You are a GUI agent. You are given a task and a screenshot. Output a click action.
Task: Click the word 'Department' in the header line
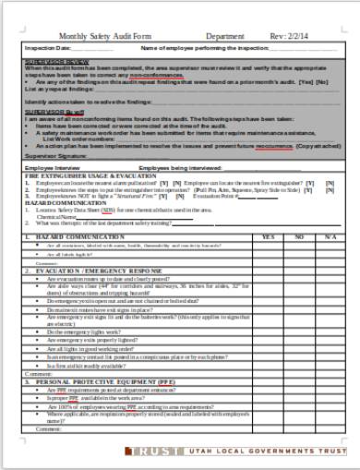tap(225, 36)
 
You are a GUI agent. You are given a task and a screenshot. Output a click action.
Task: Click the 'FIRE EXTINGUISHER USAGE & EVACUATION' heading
tap(80, 176)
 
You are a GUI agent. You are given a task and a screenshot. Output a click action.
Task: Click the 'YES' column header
tap(268, 237)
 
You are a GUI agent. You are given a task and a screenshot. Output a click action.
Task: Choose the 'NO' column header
tap(299, 237)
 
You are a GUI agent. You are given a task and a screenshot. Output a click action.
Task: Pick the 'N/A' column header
tap(330, 237)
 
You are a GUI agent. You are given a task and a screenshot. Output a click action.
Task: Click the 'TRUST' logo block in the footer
tap(161, 451)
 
